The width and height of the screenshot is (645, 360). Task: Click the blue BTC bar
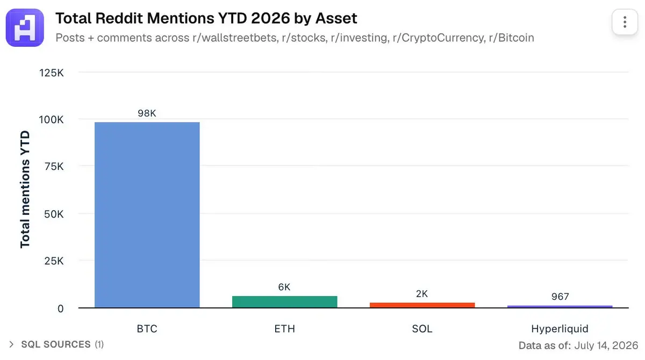pyautogui.click(x=147, y=215)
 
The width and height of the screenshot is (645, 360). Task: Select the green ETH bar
pyautogui.click(x=285, y=302)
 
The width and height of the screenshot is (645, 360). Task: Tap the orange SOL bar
pyautogui.click(x=422, y=305)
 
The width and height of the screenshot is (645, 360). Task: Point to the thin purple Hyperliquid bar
pyautogui.click(x=560, y=306)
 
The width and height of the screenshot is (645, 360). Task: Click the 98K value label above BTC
pyautogui.click(x=147, y=113)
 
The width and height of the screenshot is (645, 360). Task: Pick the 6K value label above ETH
pyautogui.click(x=284, y=287)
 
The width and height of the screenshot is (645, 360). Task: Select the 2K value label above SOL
pyautogui.click(x=422, y=294)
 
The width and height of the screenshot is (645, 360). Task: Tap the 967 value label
pyautogui.click(x=560, y=297)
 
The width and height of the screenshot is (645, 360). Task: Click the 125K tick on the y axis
pyautogui.click(x=51, y=73)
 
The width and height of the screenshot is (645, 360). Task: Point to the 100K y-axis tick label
pyautogui.click(x=51, y=120)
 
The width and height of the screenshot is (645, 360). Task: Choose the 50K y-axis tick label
pyautogui.click(x=54, y=214)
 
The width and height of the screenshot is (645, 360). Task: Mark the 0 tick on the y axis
pyautogui.click(x=60, y=308)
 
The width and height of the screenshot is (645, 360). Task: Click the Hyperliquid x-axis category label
pyautogui.click(x=560, y=329)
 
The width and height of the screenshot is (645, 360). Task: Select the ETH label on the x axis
pyautogui.click(x=284, y=329)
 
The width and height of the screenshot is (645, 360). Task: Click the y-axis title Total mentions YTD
pyautogui.click(x=25, y=189)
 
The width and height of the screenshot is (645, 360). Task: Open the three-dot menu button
pyautogui.click(x=625, y=22)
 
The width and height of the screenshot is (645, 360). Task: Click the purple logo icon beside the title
pyautogui.click(x=25, y=27)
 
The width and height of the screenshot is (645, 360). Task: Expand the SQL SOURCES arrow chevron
pyautogui.click(x=11, y=344)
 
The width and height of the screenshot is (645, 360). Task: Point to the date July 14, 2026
pyautogui.click(x=606, y=345)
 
